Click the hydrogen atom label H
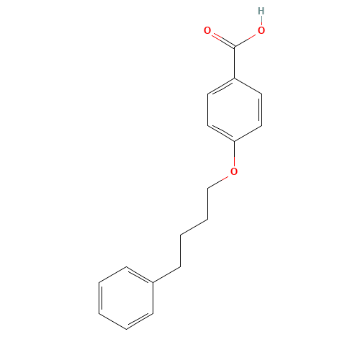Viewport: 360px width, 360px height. coord(261,12)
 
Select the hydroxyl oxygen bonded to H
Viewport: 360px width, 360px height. coord(261,31)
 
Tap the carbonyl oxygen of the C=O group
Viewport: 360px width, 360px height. coord(207,31)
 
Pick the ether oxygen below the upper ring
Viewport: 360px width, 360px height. coord(234,171)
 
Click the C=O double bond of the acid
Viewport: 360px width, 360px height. coord(220,39)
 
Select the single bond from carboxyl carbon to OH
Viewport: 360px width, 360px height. coord(248,39)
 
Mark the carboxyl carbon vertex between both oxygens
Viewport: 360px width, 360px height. coord(235,47)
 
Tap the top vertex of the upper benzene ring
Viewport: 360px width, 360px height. coord(235,78)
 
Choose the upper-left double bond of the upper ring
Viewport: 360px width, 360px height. coord(221,86)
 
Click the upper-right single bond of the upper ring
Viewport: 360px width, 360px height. coord(248,86)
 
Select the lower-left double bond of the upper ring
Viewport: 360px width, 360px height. coord(221,132)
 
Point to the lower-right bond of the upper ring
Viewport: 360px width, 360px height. coord(248,132)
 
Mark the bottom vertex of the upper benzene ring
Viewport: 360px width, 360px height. coord(235,140)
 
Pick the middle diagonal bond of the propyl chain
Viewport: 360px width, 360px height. coord(194,226)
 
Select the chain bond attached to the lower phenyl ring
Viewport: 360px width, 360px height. coord(166,274)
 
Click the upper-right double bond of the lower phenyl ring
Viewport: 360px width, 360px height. coord(140,274)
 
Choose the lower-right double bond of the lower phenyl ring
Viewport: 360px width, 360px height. coord(140,321)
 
